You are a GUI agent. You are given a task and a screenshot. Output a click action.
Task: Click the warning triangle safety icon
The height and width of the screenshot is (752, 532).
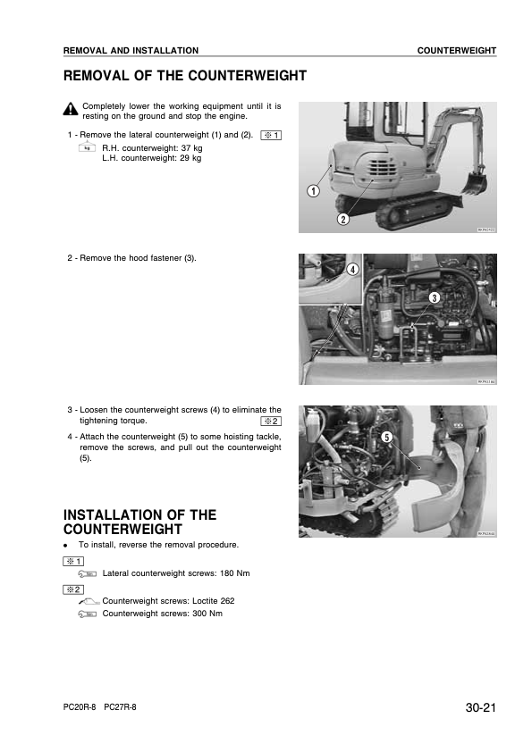(71, 110)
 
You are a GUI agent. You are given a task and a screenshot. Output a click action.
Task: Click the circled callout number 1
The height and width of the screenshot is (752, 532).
(314, 190)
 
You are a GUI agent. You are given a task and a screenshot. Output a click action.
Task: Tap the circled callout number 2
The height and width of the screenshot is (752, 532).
(342, 219)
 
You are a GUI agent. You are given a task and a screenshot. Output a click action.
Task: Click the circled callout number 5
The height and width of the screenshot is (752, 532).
(386, 437)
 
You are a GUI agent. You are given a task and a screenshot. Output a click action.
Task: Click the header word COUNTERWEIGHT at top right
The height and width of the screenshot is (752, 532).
(456, 51)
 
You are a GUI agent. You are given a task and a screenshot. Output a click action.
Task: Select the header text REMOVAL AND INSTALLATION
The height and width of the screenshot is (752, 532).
(131, 51)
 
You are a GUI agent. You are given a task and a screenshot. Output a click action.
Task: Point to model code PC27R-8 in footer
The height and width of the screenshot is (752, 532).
(121, 706)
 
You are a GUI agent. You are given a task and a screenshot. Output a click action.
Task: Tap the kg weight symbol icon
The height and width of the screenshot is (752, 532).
(87, 148)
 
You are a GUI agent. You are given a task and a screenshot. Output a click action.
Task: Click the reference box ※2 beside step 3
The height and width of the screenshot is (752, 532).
(271, 421)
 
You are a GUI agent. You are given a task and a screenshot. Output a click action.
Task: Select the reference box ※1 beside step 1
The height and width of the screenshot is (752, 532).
(271, 135)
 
